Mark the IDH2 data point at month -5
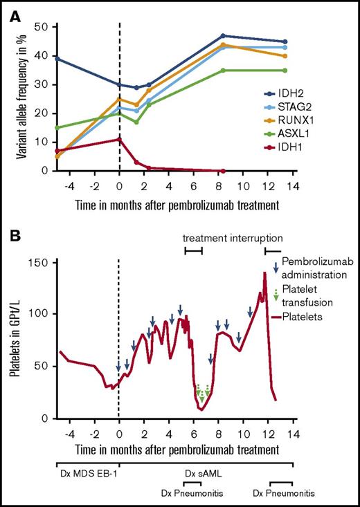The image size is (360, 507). (x=57, y=59)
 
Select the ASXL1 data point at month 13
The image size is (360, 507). (x=285, y=71)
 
